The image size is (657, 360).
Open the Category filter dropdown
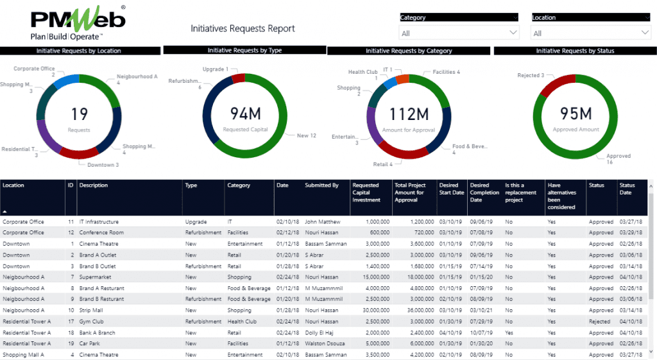point(459,33)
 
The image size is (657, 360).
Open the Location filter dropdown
point(590,33)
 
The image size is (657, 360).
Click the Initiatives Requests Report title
point(243,29)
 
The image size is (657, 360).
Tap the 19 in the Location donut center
point(79,114)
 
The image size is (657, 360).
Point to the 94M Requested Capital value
point(245,114)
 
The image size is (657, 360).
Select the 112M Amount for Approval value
point(409,114)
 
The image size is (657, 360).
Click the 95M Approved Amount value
point(576,114)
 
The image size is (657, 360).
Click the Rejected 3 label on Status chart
point(531,76)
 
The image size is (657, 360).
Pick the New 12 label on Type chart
point(306,135)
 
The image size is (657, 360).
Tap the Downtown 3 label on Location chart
point(103,165)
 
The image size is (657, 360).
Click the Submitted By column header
point(321,185)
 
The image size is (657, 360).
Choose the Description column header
point(94,185)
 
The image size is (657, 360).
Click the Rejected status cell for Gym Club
point(601,321)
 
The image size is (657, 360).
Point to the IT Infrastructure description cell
point(99,222)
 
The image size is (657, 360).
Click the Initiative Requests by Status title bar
point(575,51)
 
